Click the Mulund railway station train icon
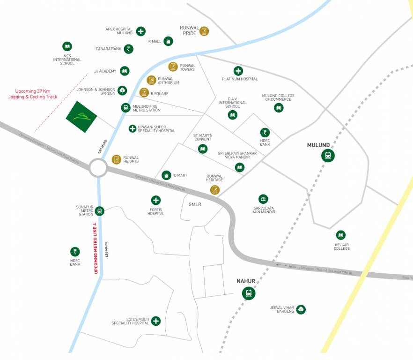pyautogui.click(x=328, y=156)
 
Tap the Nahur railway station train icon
pyautogui.click(x=248, y=293)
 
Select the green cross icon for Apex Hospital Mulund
pyautogui.click(x=140, y=31)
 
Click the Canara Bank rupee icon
pyautogui.click(x=129, y=49)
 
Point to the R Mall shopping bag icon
pyautogui.click(x=168, y=41)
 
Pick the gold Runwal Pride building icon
pyautogui.click(x=204, y=31)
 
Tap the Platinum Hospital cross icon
pyautogui.click(x=238, y=71)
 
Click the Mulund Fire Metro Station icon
pyautogui.click(x=125, y=108)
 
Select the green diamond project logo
pyautogui.click(x=81, y=116)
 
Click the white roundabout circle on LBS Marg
pyautogui.click(x=99, y=168)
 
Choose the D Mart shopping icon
pyautogui.click(x=166, y=175)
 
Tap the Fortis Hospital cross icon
pyautogui.click(x=155, y=200)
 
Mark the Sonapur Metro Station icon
pyautogui.click(x=99, y=211)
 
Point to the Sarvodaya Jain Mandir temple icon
pyautogui.click(x=263, y=199)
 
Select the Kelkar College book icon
pyautogui.click(x=341, y=235)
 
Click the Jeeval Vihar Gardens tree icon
pyautogui.click(x=301, y=309)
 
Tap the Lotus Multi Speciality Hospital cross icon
pyautogui.click(x=156, y=321)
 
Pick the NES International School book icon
pyautogui.click(x=67, y=46)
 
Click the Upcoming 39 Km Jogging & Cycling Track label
pyautogui.click(x=33, y=94)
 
